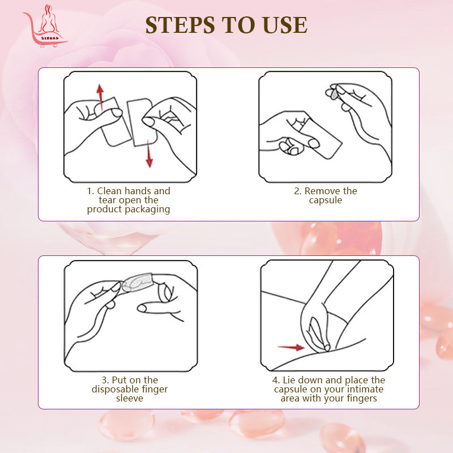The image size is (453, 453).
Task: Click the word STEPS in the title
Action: coord(180,25)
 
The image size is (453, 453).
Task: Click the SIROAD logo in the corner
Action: coord(45,26)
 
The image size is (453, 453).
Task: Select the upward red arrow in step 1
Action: coord(100,97)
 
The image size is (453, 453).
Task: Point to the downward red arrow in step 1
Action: coord(149,153)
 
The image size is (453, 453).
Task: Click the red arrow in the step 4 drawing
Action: coord(290,347)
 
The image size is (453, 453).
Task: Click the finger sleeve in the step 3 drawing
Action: coord(136,282)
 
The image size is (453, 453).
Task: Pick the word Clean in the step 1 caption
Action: coord(109,191)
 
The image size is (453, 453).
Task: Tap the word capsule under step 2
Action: coord(325,200)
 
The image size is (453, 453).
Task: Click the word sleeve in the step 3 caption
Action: coord(130,399)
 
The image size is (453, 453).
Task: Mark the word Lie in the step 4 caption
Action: coord(289,380)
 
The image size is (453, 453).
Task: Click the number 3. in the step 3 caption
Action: coord(105,380)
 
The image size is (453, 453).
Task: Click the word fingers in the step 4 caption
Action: coord(362,399)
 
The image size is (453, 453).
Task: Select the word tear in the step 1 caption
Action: coord(108,200)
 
